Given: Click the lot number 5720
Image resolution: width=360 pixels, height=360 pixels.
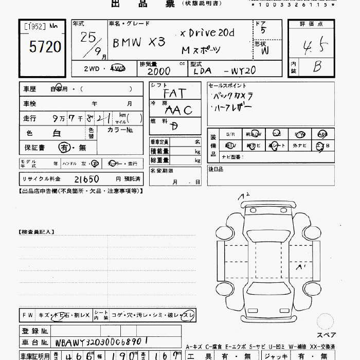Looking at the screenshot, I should [x=45, y=47].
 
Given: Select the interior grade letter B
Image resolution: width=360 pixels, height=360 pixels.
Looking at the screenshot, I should [x=317, y=66].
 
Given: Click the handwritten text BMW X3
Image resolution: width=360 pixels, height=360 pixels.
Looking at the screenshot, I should [x=139, y=43].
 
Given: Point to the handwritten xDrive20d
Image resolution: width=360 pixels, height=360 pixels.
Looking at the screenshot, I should [x=207, y=33].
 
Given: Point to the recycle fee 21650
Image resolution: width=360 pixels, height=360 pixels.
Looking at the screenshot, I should [x=86, y=179].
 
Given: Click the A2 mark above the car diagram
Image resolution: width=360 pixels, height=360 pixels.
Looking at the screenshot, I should [x=244, y=196].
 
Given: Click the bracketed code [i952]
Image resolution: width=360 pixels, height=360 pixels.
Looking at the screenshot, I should [x=34, y=26].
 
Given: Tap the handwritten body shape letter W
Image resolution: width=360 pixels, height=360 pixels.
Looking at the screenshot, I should [x=264, y=51].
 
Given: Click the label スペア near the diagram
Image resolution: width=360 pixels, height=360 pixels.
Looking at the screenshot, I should [x=326, y=335].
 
